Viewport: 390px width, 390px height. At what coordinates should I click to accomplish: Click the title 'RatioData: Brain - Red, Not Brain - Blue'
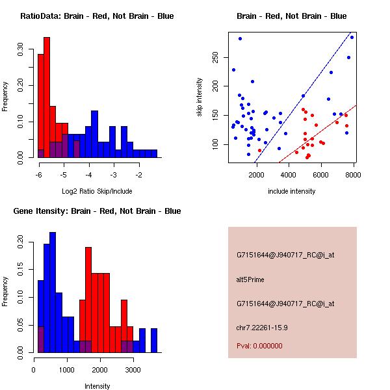click(96, 16)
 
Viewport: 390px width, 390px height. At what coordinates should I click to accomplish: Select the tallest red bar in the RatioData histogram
click(47, 97)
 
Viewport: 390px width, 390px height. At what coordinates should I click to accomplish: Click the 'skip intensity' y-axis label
click(200, 97)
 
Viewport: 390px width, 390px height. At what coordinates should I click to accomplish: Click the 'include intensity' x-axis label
click(291, 191)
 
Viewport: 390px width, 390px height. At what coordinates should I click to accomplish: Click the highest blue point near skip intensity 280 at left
click(240, 39)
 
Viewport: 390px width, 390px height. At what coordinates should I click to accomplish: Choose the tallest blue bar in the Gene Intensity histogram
click(53, 292)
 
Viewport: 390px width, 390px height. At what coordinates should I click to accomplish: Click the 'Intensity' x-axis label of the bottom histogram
click(97, 386)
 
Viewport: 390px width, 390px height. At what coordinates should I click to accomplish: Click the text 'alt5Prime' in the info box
click(250, 279)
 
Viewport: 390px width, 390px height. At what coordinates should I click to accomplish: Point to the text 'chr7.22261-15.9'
click(262, 327)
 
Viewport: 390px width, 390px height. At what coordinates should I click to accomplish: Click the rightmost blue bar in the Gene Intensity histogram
click(154, 340)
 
